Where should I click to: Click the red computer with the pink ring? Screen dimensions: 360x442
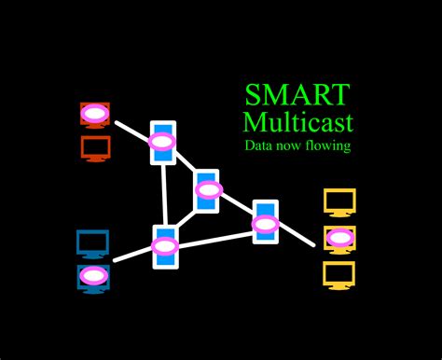94,115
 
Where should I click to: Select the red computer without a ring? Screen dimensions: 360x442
95,148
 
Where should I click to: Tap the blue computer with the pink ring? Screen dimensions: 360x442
93,276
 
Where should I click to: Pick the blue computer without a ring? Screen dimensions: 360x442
93,244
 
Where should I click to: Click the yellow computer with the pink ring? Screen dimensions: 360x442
339,238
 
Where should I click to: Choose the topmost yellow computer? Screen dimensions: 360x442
339,201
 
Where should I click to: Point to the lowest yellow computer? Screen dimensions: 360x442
339,274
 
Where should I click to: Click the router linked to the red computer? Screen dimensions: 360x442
163,143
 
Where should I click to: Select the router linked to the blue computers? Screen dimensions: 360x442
165,247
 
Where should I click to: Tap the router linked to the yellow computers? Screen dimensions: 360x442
266,223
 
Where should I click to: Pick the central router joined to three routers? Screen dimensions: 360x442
208,190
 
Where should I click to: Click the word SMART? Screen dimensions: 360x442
297,95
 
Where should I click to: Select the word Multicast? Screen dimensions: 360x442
297,122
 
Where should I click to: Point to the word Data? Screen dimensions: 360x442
259,146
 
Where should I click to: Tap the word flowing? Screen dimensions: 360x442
328,146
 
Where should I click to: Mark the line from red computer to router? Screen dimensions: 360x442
131,130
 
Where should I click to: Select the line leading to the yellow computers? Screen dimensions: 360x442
297,236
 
